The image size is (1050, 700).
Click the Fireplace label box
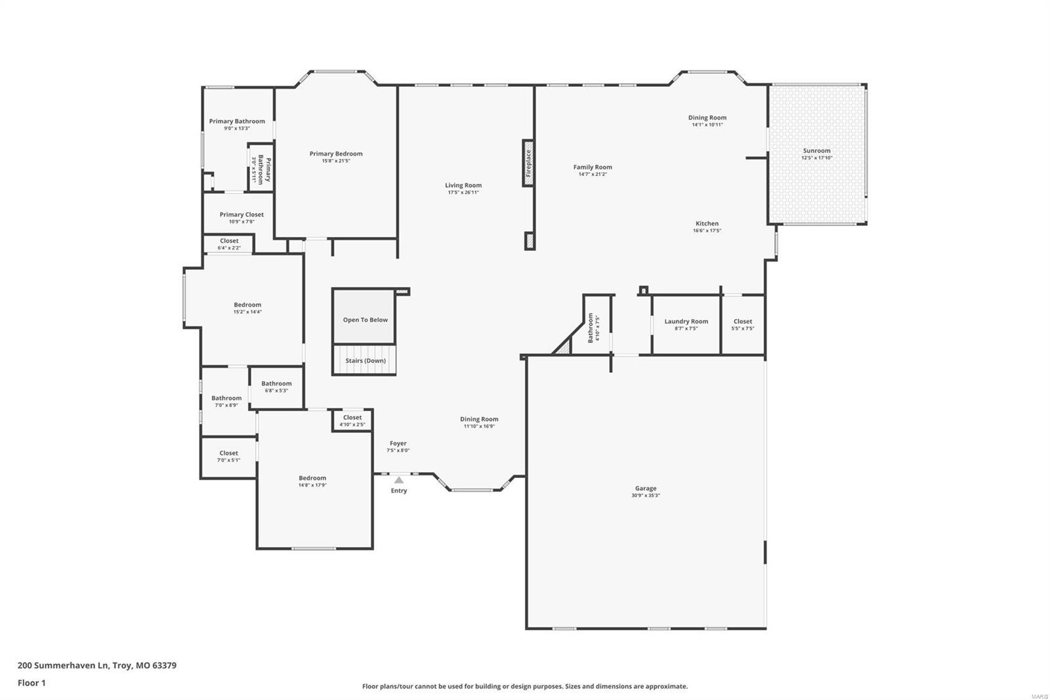tap(528, 163)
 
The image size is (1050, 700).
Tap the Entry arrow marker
tap(399, 480)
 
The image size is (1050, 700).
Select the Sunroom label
tap(816, 150)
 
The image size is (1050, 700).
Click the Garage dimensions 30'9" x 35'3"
tap(646, 496)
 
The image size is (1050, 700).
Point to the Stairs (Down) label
tap(366, 361)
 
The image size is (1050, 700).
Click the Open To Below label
tap(365, 320)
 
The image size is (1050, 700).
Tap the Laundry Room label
tap(686, 321)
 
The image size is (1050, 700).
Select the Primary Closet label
tap(241, 215)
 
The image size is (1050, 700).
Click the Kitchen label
tap(707, 223)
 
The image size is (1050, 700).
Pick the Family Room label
tap(593, 167)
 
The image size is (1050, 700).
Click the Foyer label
tap(398, 443)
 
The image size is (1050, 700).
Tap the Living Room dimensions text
tap(463, 192)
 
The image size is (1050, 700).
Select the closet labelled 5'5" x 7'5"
tap(743, 324)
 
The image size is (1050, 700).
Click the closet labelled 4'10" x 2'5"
tap(352, 420)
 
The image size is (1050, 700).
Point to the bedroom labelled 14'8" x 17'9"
tap(312, 481)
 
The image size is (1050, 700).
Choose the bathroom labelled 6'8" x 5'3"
tap(276, 387)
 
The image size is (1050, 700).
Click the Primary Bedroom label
tap(336, 154)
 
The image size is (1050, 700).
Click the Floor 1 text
tap(31, 683)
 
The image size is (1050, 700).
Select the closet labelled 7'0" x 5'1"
tap(228, 456)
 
